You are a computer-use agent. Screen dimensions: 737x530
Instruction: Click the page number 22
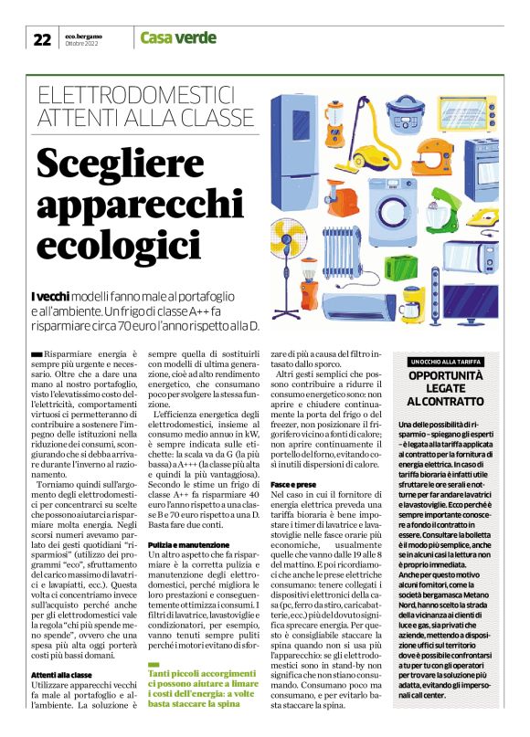tap(42, 38)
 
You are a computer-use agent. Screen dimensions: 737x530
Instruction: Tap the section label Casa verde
tap(178, 38)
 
